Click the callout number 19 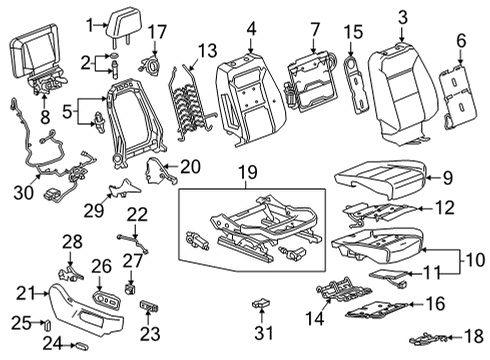248,172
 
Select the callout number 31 264,332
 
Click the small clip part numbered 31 262,303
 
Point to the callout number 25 22,323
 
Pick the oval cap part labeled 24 82,346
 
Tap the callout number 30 24,192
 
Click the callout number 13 207,51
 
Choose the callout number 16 435,303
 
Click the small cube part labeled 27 130,288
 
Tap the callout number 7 314,30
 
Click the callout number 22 137,215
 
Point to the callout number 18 474,336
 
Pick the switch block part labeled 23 149,305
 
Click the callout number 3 403,17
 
